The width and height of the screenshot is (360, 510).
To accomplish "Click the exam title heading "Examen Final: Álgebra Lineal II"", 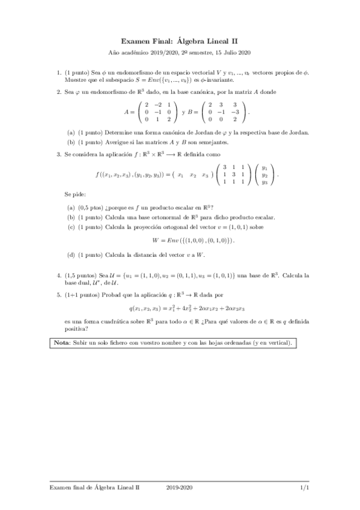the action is (x=180, y=41).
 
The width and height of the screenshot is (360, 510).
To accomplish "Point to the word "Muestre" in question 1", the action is (x=75, y=79).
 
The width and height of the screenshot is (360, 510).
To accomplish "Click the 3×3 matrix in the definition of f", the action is (x=232, y=175).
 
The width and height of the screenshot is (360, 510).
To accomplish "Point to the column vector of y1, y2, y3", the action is (x=264, y=175).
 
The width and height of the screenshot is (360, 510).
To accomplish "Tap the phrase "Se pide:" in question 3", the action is (x=75, y=195).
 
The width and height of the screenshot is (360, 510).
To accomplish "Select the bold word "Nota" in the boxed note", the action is (x=62, y=343).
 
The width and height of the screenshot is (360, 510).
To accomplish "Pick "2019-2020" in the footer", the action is (x=180, y=488).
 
